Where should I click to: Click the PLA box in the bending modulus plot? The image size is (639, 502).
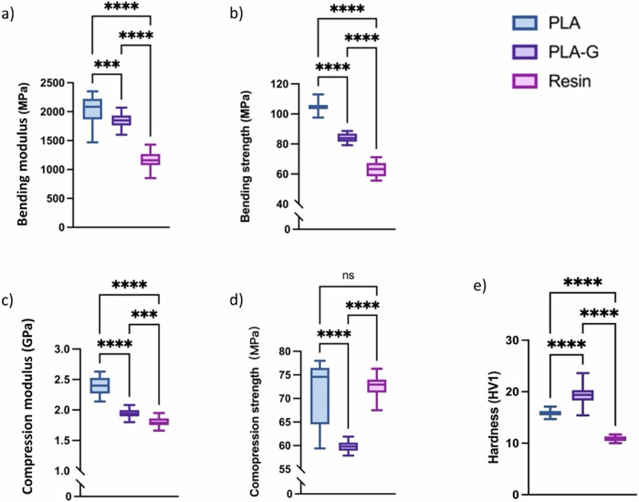point(91,109)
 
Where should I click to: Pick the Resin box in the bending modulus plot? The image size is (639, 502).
point(150,160)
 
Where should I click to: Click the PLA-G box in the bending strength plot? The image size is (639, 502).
point(347,138)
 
